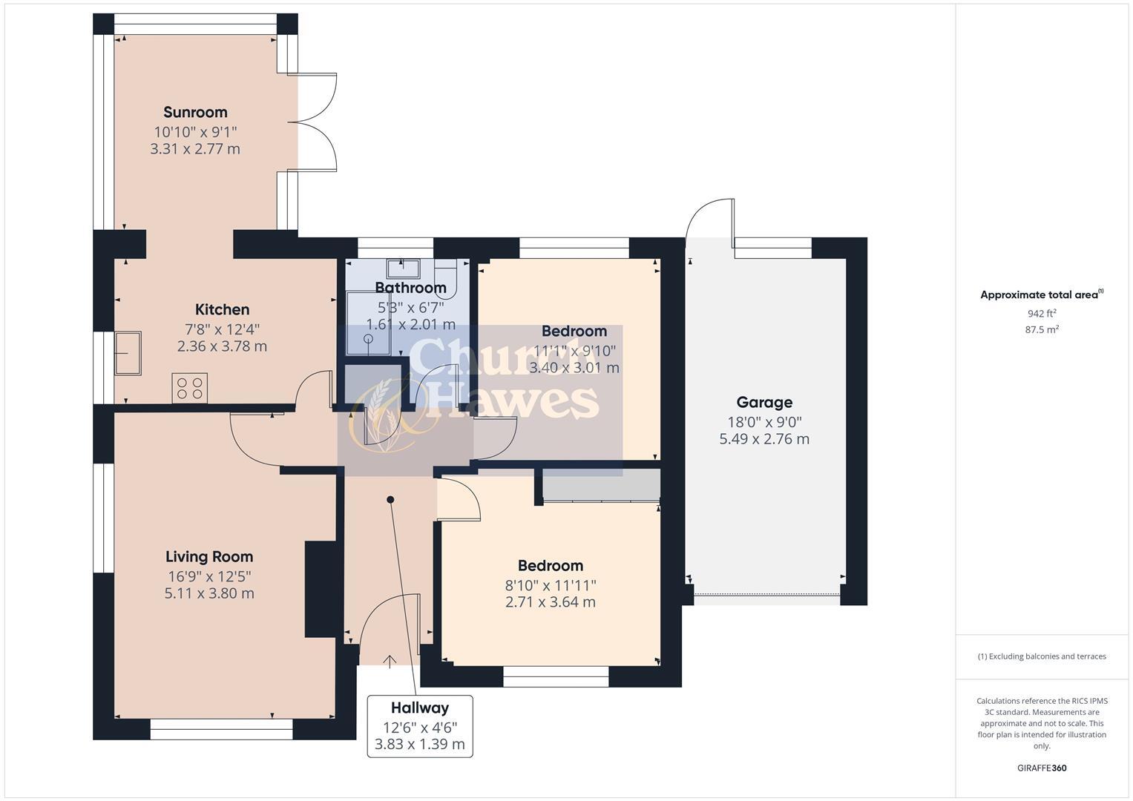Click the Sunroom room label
pos(195,113)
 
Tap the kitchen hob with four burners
pos(190,388)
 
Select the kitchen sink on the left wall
pos(128,353)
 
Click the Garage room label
pos(764,403)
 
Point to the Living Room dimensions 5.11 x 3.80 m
pos(209,593)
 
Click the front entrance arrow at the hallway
pos(390,660)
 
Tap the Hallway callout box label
pos(420,708)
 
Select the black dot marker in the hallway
pos(390,500)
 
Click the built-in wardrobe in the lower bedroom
pos(602,486)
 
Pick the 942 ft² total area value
pos(1042,314)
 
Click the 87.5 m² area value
pos(1042,330)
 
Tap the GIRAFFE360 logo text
pos(1042,768)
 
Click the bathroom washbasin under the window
pos(403,268)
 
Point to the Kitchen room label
pos(222,310)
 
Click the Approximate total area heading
pos(1041,295)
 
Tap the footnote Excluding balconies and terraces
pos(1042,656)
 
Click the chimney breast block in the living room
pos(321,589)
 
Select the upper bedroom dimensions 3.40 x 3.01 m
pos(574,368)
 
